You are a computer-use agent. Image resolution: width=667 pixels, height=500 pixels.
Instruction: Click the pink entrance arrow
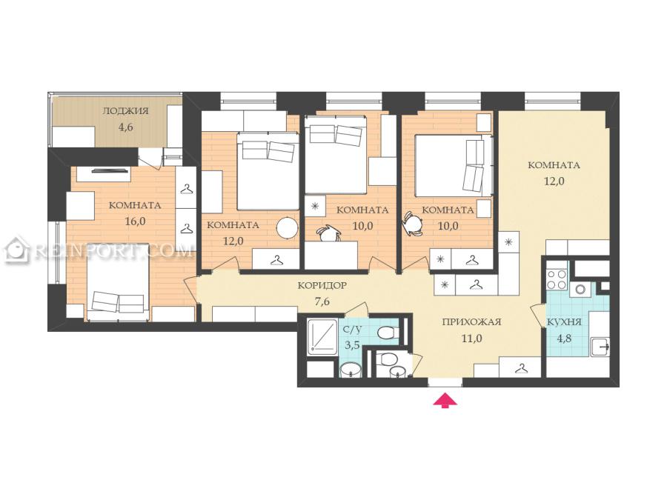[445, 401]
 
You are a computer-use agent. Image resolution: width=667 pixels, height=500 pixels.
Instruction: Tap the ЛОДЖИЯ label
[125, 111]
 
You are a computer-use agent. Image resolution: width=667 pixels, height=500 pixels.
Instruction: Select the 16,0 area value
[136, 221]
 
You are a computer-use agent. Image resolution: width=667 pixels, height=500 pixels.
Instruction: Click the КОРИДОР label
[322, 285]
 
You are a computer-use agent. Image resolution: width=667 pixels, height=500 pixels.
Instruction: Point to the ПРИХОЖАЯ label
[472, 322]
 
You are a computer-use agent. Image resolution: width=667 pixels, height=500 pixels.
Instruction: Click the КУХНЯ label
[564, 322]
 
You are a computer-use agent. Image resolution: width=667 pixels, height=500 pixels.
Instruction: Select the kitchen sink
[600, 347]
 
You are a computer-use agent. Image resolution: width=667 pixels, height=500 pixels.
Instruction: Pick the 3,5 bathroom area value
[352, 344]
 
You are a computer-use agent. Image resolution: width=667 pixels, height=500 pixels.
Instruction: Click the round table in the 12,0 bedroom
[288, 228]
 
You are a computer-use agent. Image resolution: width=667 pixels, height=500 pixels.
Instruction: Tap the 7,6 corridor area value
[322, 302]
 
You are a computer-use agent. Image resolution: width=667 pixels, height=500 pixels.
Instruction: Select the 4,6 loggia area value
[126, 127]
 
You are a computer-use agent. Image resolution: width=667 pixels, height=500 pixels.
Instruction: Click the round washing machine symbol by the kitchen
[580, 290]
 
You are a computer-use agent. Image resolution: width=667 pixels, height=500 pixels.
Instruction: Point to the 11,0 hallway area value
[472, 339]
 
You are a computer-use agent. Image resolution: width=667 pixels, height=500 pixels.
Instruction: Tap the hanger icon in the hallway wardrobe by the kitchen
[520, 368]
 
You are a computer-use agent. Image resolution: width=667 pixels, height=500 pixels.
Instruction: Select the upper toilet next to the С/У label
[388, 333]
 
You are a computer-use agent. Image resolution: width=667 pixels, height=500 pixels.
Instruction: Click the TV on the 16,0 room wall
[110, 171]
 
